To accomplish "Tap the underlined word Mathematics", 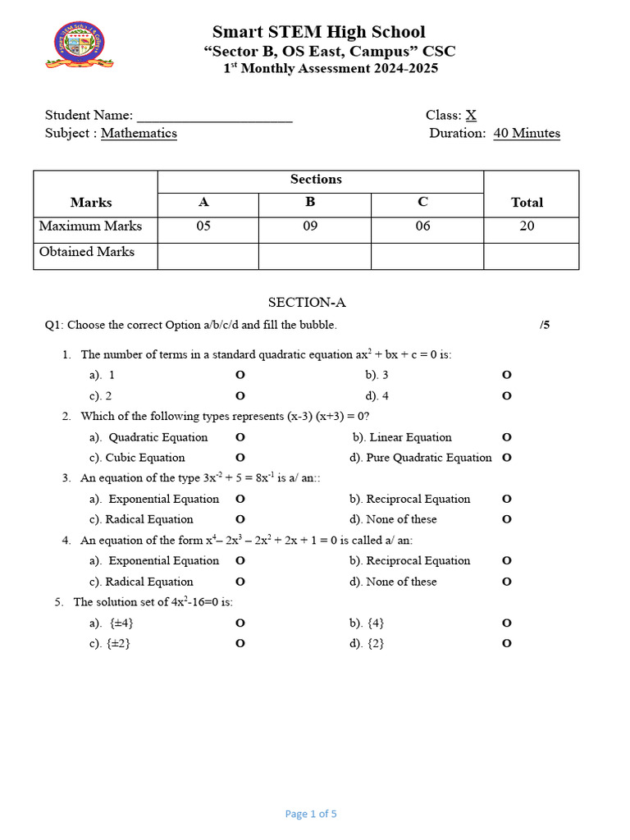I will (x=139, y=133).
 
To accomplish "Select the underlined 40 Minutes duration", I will (x=527, y=133).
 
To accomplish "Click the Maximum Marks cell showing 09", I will (x=310, y=226).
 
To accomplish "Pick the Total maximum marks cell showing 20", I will (x=527, y=226).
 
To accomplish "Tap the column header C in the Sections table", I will (x=423, y=202).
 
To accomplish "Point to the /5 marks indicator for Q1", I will (x=545, y=325).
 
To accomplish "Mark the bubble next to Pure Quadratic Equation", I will (x=506, y=458).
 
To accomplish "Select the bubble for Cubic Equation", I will (x=240, y=458).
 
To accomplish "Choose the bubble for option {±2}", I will (x=240, y=644).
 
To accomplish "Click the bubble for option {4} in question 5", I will (x=506, y=623).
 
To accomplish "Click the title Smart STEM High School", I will (x=318, y=32).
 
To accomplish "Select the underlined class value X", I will (x=471, y=116).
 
